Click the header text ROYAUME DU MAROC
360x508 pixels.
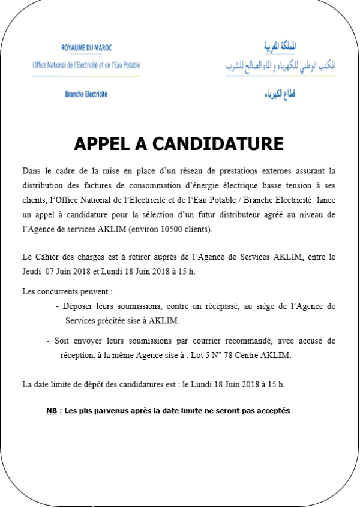[x=86, y=48]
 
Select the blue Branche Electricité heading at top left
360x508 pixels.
[x=86, y=94]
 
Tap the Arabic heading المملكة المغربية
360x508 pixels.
[x=281, y=46]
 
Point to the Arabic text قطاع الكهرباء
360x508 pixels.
[x=281, y=94]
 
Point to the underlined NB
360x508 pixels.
[x=52, y=411]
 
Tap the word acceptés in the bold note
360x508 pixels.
[x=274, y=411]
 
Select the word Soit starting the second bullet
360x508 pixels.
[x=62, y=341]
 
